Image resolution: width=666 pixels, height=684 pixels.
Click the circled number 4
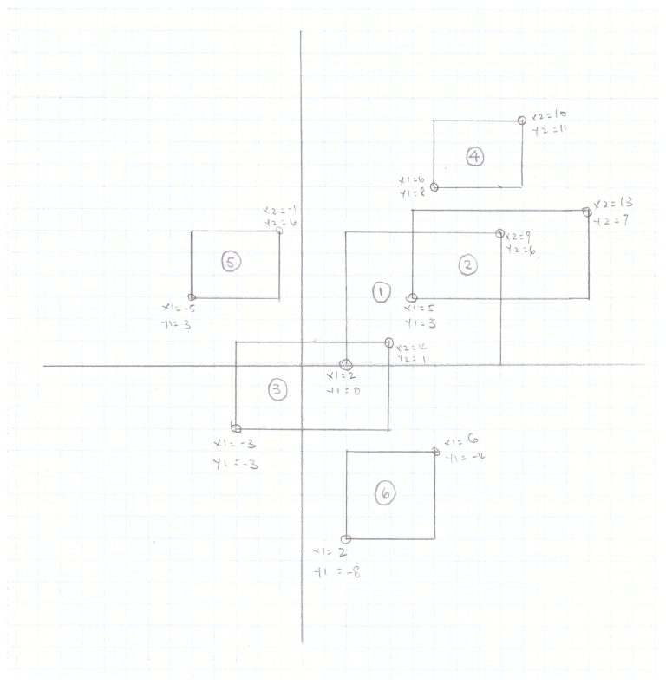(x=474, y=156)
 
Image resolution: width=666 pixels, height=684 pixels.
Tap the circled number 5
(x=231, y=261)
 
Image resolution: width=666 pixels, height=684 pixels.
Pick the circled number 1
(x=380, y=292)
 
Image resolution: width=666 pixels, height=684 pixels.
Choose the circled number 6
(x=386, y=494)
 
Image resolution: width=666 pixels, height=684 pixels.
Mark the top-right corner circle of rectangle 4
(x=522, y=121)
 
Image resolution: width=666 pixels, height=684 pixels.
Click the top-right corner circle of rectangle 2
(x=588, y=211)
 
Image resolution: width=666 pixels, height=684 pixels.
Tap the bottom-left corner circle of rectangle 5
(x=192, y=298)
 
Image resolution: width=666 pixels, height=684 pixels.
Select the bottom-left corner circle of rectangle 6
(x=346, y=539)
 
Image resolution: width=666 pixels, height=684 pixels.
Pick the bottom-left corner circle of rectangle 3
(x=236, y=427)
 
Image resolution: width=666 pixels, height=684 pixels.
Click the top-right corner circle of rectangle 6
(x=435, y=450)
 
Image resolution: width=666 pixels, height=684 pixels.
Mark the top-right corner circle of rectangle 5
(x=279, y=230)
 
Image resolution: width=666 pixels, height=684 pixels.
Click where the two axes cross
(x=301, y=365)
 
